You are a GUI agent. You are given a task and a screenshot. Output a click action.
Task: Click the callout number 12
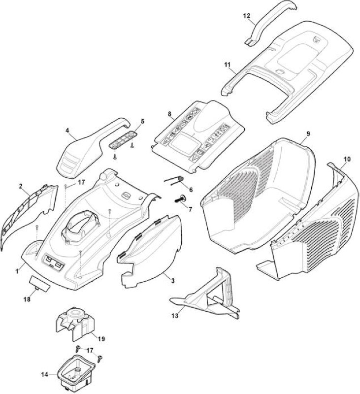pyautogui.click(x=247, y=16)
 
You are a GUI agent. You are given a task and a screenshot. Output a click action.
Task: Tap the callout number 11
pyautogui.click(x=227, y=65)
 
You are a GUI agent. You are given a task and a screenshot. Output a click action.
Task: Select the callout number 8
pyautogui.click(x=169, y=114)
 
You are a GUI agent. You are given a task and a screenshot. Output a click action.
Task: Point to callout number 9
pyautogui.click(x=308, y=133)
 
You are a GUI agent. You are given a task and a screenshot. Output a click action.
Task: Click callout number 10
pyautogui.click(x=347, y=159)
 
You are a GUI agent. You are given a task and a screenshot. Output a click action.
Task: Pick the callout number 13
pyautogui.click(x=175, y=315)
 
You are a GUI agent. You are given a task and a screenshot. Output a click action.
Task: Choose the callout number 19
pyautogui.click(x=101, y=339)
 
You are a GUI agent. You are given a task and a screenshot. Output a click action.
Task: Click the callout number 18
pyautogui.click(x=27, y=299)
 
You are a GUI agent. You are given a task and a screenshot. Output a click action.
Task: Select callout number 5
pyautogui.click(x=142, y=122)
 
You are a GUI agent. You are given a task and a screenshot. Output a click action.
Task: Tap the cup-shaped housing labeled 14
pyautogui.click(x=75, y=374)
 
